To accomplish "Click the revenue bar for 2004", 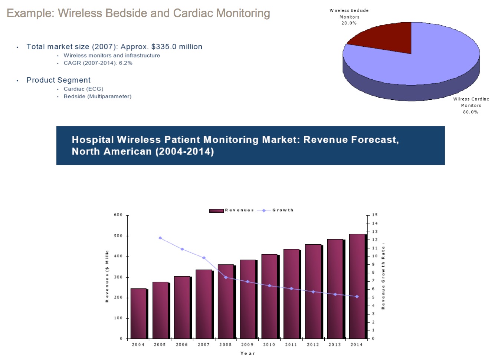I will coord(138,313).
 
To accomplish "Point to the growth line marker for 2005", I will coord(160,238).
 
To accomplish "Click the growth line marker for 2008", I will coord(226,277).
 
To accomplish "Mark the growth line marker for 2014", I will coord(357,297).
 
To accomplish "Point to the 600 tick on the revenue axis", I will coord(118,215).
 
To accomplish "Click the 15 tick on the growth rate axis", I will coord(375,215).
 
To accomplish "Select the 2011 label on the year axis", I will coord(291,345).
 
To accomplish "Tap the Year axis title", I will coord(248,353).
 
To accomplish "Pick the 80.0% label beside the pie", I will coord(471,112).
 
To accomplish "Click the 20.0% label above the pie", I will coord(349,23).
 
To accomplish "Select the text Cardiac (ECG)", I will coord(83,89).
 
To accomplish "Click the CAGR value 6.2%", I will coord(125,63).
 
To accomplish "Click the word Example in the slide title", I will coord(30,13).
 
